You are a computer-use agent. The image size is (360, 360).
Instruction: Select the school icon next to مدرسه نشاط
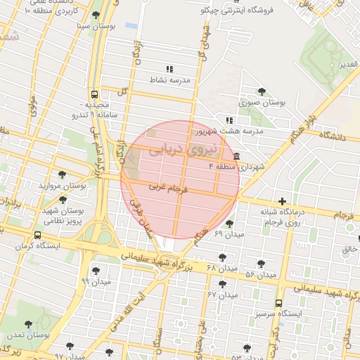tap(169, 69)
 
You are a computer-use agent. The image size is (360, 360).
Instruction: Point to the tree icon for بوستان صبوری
tap(262, 91)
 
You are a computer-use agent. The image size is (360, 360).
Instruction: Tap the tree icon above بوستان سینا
tap(96, 15)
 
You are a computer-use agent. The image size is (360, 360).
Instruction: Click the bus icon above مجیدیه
tap(94, 93)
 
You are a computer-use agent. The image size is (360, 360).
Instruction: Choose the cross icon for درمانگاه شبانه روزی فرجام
tap(282, 202)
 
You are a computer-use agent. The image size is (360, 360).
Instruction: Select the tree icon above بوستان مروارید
tap(63, 175)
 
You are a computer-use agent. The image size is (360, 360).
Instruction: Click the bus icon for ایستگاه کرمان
tap(37, 236)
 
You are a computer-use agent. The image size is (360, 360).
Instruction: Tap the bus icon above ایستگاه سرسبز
tap(279, 303)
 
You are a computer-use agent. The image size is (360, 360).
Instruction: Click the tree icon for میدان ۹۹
tap(96, 270)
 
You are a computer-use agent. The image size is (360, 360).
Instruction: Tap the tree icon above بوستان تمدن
tap(29, 325)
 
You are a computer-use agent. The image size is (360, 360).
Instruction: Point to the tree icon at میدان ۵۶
tap(262, 264)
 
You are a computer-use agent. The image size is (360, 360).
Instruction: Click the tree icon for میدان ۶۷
tap(223, 284)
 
